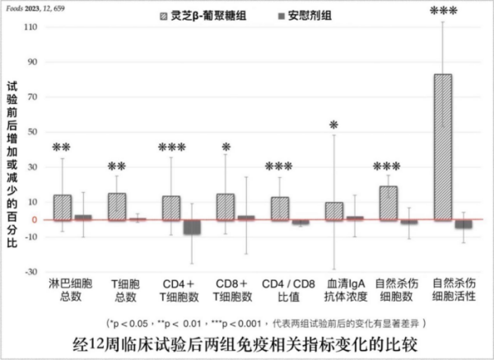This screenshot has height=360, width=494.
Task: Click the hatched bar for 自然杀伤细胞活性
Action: tap(443, 147)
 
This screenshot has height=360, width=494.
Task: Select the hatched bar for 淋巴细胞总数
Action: tap(63, 207)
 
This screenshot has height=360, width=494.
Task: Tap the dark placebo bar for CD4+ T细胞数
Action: tap(191, 227)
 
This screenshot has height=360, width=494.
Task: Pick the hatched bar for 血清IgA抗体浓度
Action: tap(334, 211)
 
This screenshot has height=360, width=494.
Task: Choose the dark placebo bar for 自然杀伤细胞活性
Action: tap(464, 224)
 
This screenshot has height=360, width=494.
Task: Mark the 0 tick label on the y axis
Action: tap(34, 220)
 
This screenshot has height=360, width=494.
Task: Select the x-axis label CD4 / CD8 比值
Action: tap(284, 289)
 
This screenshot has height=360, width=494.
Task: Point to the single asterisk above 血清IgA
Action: tap(333, 125)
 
